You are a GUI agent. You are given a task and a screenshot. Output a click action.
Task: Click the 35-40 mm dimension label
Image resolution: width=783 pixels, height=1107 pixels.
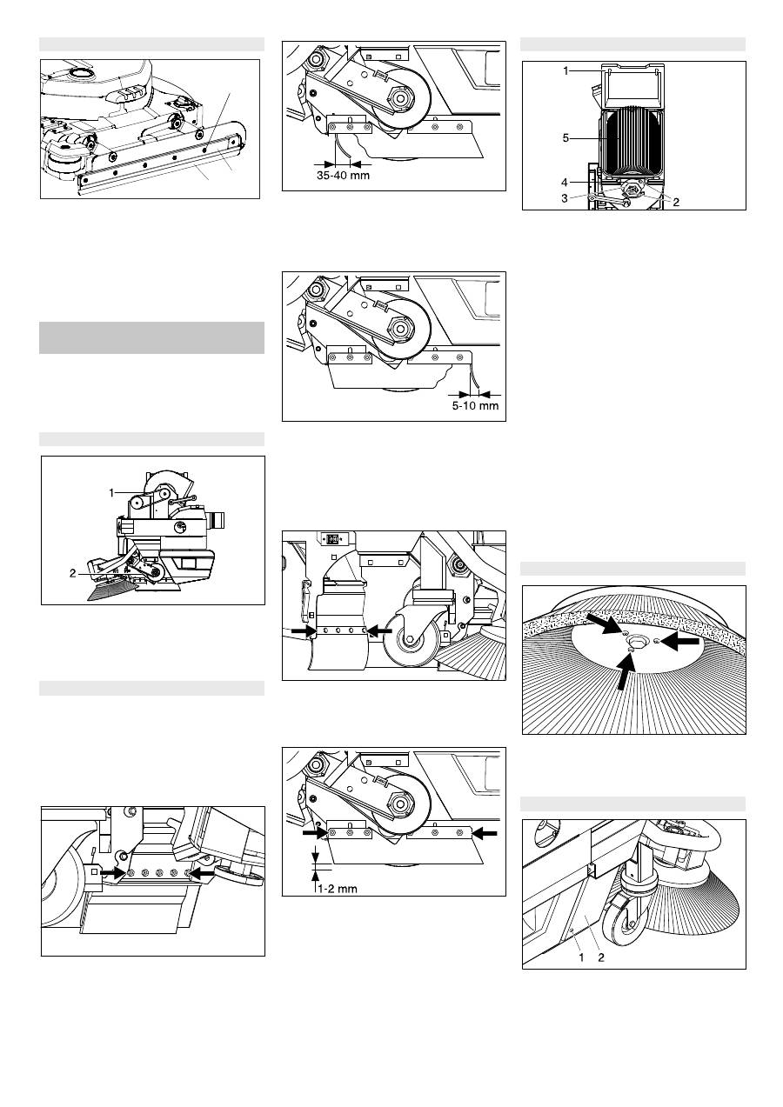pyautogui.click(x=343, y=176)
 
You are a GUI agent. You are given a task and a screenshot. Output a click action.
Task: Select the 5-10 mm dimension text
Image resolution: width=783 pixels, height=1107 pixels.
pyautogui.click(x=476, y=406)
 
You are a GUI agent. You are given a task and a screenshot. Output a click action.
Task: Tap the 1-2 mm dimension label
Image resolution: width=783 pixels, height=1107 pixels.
pyautogui.click(x=338, y=889)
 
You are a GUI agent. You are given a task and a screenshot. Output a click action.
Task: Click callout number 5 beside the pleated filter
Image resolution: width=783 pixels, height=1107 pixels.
pyautogui.click(x=566, y=138)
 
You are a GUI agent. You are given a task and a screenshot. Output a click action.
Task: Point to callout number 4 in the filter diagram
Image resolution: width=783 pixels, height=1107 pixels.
pyautogui.click(x=565, y=183)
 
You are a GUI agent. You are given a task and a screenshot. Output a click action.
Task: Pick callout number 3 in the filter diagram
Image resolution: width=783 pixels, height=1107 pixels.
pyautogui.click(x=565, y=197)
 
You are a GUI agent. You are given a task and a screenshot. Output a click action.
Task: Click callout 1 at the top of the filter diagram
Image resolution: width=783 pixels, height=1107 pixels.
pyautogui.click(x=566, y=70)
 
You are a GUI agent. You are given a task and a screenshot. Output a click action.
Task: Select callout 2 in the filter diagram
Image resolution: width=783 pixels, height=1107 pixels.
pyautogui.click(x=676, y=202)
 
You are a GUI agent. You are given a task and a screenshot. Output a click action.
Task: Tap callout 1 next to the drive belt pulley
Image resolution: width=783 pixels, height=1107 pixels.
pyautogui.click(x=111, y=493)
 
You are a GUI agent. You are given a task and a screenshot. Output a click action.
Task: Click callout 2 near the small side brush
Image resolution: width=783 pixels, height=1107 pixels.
pyautogui.click(x=73, y=573)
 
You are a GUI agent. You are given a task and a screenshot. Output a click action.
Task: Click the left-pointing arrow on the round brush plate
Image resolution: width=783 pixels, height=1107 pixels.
pyautogui.click(x=680, y=642)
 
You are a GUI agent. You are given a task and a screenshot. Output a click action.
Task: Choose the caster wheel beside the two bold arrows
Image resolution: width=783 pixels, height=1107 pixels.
pyautogui.click(x=410, y=641)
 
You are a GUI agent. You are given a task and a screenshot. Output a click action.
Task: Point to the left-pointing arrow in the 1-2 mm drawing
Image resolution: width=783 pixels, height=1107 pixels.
pyautogui.click(x=485, y=833)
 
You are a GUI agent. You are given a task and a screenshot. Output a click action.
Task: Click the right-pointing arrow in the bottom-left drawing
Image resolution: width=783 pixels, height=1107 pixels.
pyautogui.click(x=113, y=873)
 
